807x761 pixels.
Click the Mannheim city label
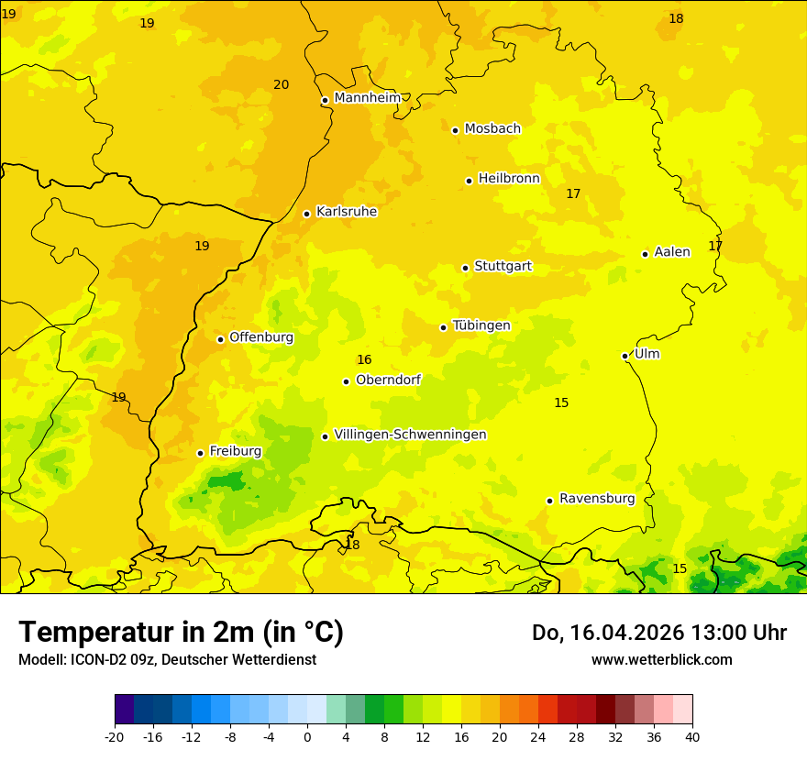click(x=367, y=97)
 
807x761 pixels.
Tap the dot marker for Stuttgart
click(x=465, y=268)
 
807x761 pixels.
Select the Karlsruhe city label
click(x=346, y=211)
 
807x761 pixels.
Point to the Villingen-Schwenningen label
click(x=410, y=434)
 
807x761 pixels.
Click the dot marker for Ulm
click(x=625, y=356)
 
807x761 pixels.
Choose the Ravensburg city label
click(x=597, y=498)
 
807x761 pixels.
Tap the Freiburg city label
click(x=235, y=450)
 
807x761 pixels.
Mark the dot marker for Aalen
click(x=645, y=254)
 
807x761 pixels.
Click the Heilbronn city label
click(x=509, y=178)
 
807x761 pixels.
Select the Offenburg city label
click(x=261, y=336)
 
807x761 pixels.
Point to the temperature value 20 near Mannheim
click(x=281, y=84)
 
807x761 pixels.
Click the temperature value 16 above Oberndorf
click(x=364, y=359)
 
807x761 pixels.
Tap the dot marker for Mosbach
click(x=455, y=130)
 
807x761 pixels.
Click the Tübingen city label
click(x=481, y=325)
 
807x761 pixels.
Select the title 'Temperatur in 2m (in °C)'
click(x=181, y=632)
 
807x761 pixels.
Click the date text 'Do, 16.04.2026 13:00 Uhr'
click(x=658, y=633)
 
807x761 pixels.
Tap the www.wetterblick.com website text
click(x=661, y=659)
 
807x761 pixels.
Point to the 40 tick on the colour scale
click(x=692, y=736)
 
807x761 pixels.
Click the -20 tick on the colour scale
click(x=115, y=736)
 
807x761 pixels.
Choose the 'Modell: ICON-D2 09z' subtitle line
click(x=167, y=659)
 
